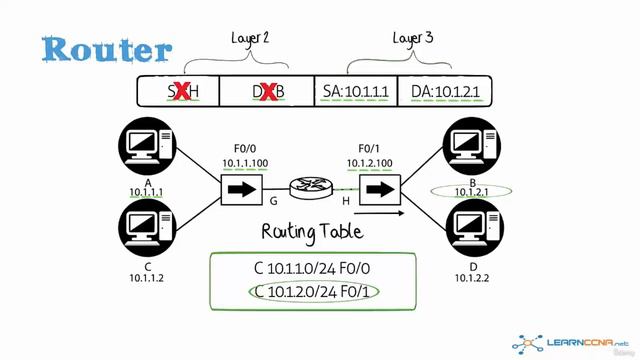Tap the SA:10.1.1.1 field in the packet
coord(356,92)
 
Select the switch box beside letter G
coord(239,187)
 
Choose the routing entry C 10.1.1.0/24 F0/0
coord(313,269)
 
